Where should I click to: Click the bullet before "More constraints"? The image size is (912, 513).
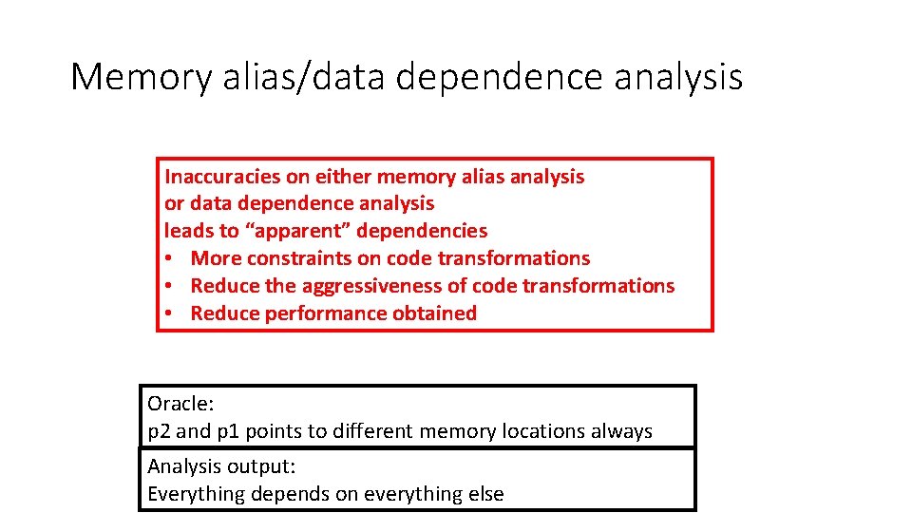click(169, 258)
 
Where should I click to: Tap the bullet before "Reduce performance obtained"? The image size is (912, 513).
click(169, 313)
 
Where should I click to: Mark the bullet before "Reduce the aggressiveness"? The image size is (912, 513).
click(169, 286)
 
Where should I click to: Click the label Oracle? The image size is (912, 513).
click(180, 404)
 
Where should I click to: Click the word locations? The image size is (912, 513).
click(543, 431)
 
